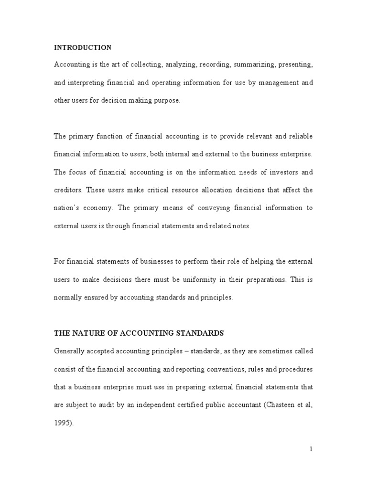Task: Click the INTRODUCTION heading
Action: point(83,48)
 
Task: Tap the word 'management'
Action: point(272,83)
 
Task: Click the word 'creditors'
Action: point(68,190)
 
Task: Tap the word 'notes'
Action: point(240,226)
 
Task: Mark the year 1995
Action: point(63,423)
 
